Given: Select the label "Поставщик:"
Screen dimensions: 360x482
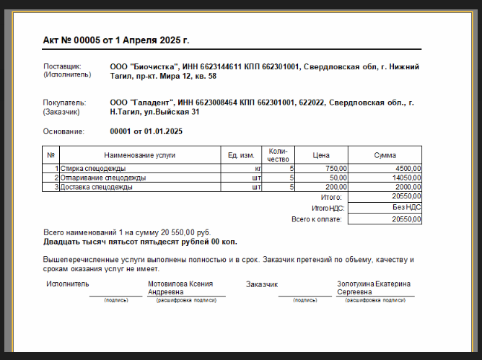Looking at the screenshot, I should click(63, 66).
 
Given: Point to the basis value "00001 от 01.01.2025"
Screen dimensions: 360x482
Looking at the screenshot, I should click(146, 131).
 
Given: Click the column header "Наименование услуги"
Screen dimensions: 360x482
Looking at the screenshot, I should click(139, 154).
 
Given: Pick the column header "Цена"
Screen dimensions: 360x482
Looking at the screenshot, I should click(321, 154).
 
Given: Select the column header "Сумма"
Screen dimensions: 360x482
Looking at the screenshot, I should click(385, 154).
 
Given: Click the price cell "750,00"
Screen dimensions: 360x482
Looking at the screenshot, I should click(336, 168).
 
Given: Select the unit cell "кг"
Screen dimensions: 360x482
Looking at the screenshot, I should click(248, 168).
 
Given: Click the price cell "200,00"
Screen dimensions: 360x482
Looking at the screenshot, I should click(336, 187).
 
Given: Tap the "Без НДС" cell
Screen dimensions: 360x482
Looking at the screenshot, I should click(407, 207).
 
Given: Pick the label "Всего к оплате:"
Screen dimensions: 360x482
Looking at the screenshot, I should click(317, 219).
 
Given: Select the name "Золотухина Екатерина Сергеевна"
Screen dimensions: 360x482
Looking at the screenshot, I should click(374, 288).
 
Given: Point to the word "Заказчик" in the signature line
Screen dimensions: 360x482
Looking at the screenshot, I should click(261, 284).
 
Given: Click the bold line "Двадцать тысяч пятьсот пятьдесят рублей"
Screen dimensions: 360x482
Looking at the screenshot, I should click(140, 242).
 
